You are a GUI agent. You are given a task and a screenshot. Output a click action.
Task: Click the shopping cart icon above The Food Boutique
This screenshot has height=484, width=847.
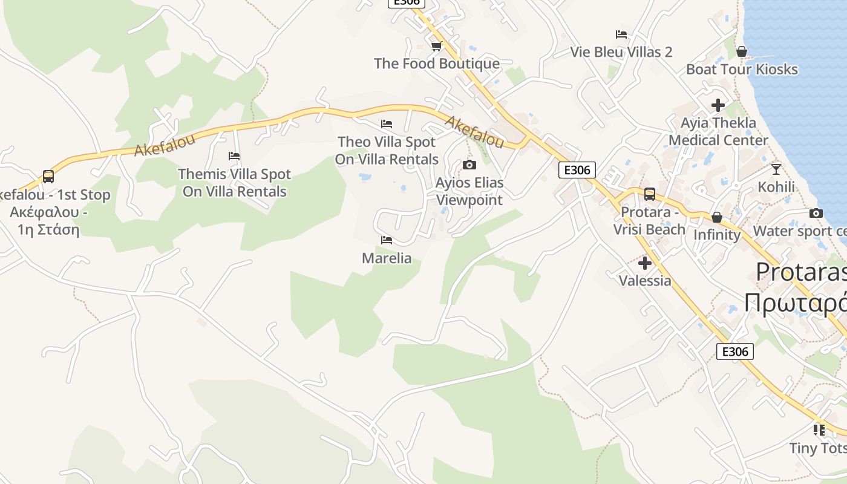pos(436,46)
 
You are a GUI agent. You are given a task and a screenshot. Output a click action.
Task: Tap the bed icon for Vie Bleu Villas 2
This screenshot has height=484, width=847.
pos(621,34)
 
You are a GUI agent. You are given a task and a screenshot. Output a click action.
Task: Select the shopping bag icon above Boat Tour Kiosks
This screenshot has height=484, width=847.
pos(742,51)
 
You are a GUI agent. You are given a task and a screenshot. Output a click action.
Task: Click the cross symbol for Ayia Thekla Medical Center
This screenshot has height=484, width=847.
pos(718,105)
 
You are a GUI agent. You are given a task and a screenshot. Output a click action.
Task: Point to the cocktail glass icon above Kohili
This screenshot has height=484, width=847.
pos(776,169)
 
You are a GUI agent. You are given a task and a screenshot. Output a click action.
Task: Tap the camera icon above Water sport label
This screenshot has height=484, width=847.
pos(816,213)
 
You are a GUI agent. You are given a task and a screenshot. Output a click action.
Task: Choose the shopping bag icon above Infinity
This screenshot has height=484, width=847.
pos(717,217)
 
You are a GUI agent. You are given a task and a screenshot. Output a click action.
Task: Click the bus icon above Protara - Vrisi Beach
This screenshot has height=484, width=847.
pos(649,194)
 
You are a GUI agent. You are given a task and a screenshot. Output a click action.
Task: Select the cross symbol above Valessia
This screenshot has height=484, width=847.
pos(645,263)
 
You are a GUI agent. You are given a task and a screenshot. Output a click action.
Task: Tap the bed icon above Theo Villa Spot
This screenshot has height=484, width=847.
pos(387,124)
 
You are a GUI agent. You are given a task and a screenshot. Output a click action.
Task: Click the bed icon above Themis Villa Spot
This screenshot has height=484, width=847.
pos(234,156)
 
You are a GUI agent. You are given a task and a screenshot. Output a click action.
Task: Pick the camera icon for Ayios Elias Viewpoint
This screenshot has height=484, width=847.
pos(469,165)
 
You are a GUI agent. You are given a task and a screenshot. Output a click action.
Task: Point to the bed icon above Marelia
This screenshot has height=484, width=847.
pos(387,240)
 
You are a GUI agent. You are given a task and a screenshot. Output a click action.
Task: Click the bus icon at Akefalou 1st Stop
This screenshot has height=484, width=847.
pos(48,177)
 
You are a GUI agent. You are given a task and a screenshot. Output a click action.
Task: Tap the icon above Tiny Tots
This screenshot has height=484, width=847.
pos(819,430)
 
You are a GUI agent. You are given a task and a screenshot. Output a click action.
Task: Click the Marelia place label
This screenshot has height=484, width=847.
pos(387,258)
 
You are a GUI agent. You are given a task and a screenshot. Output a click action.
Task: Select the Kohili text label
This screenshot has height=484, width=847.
pos(776,186)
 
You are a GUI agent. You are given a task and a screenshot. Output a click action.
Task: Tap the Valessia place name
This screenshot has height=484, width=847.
pos(645,281)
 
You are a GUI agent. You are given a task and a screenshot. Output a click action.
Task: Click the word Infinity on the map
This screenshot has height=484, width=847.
pos(717,235)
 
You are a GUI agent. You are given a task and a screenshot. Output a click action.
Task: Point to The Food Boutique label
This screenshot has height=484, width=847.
pos(437,64)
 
